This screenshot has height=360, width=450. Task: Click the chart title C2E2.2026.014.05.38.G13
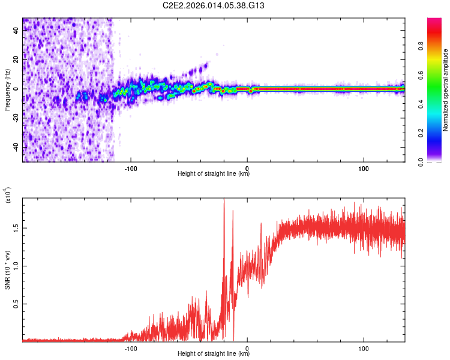pyautogui.click(x=214, y=6)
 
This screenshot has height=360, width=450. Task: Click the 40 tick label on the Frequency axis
pyautogui.click(x=17, y=31)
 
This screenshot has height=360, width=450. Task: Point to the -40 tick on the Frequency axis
pyautogui.click(x=17, y=147)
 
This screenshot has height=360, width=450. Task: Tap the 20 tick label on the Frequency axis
pyautogui.click(x=17, y=60)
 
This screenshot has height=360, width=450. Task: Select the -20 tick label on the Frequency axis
pyautogui.click(x=17, y=118)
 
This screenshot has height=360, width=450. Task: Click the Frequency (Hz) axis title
pyautogui.click(x=7, y=89)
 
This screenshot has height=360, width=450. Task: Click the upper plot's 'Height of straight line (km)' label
pyautogui.click(x=214, y=174)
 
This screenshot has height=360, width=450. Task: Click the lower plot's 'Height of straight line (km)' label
pyautogui.click(x=214, y=353)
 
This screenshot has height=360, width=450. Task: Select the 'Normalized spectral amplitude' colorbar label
pyautogui.click(x=445, y=89)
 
